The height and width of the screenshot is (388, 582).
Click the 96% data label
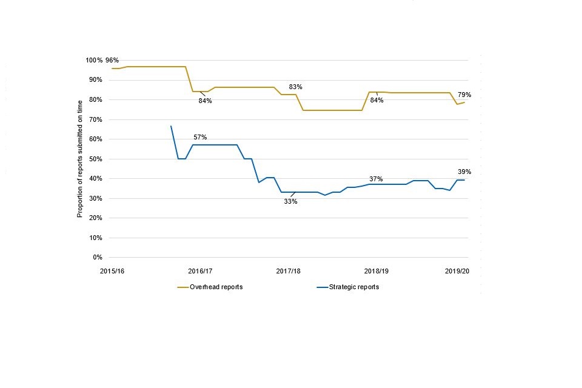coord(112,60)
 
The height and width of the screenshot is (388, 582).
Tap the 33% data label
coord(290,201)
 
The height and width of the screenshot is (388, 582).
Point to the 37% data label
coord(376,179)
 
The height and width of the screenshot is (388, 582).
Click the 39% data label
coord(464,172)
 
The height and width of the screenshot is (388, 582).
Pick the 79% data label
coord(464,95)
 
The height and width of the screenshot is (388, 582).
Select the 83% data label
coord(295,87)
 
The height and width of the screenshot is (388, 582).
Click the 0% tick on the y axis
coord(98,258)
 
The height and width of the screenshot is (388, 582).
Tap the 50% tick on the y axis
coord(96,159)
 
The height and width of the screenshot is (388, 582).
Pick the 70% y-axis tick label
coord(96,119)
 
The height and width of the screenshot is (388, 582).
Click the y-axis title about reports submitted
coord(79,159)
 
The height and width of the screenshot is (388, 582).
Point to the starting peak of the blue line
coord(171,126)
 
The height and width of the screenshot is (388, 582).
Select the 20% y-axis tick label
coord(96,218)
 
